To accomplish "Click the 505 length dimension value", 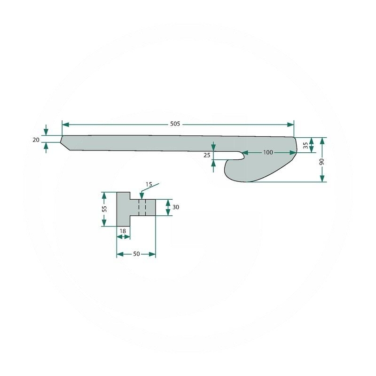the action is [175, 124].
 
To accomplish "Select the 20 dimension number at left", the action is [36, 140].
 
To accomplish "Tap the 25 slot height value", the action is [207, 155].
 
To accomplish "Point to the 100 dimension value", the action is [268, 152].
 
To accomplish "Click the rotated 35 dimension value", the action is [305, 145].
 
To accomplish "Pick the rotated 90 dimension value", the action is [322, 161].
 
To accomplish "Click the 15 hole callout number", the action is [149, 184].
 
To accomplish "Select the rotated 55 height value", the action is [104, 209].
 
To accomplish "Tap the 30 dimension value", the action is [176, 207].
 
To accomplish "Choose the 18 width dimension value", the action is [123, 231].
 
